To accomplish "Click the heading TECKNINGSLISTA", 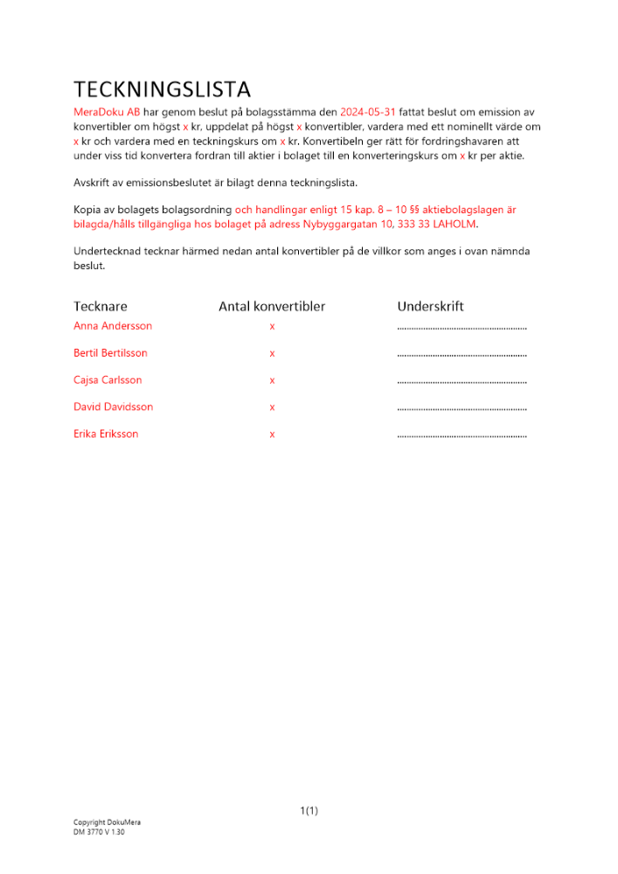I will pyautogui.click(x=162, y=89).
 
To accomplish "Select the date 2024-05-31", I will pyautogui.click(x=368, y=113).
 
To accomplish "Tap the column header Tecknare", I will pyautogui.click(x=100, y=307).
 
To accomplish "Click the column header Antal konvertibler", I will pyautogui.click(x=272, y=307).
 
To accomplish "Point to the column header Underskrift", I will pyautogui.click(x=430, y=307).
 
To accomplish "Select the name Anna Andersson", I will pyautogui.click(x=113, y=326).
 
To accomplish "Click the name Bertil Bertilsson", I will pyautogui.click(x=110, y=353).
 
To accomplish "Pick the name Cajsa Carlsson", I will pyautogui.click(x=108, y=380).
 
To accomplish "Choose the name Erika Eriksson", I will pyautogui.click(x=106, y=434).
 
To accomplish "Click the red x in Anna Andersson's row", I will pyautogui.click(x=272, y=327).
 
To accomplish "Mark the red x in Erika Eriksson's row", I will pyautogui.click(x=272, y=435).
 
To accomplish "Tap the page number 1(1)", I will pyautogui.click(x=309, y=811).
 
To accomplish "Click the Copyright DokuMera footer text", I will pyautogui.click(x=107, y=822).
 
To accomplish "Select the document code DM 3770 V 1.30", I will pyautogui.click(x=99, y=832).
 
